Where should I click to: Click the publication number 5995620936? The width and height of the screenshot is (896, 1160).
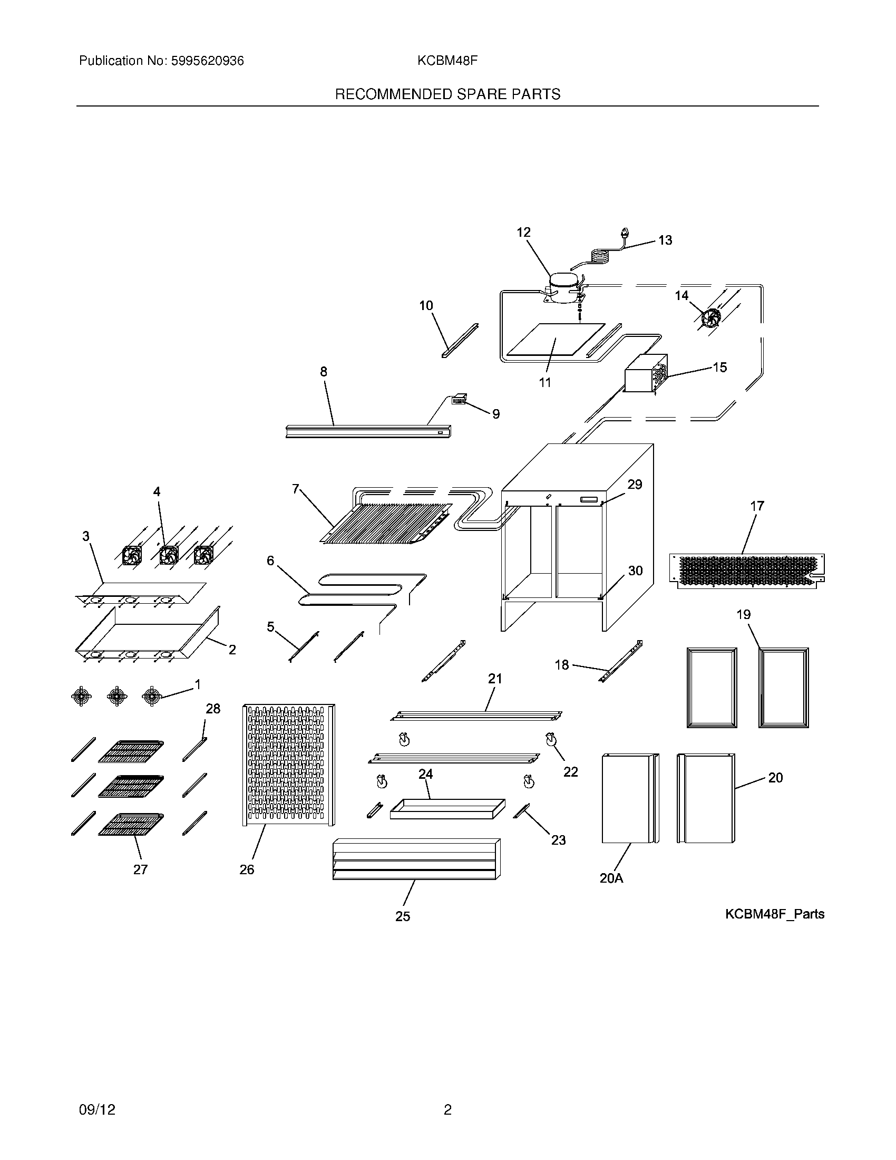click(207, 61)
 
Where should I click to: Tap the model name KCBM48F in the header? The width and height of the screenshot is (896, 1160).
click(447, 61)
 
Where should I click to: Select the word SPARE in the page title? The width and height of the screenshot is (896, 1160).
click(482, 94)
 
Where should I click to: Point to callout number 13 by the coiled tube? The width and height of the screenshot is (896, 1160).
click(665, 240)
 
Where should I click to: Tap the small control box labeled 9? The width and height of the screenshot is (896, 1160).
click(459, 400)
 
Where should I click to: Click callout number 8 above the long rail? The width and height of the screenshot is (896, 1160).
click(324, 372)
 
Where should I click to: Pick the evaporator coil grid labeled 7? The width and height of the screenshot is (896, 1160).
click(387, 523)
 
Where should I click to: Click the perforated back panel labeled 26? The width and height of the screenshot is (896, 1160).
click(288, 765)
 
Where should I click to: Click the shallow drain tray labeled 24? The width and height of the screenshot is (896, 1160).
click(447, 809)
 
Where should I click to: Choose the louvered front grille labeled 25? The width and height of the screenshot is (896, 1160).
click(416, 859)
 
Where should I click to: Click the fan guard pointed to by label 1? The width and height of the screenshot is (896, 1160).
click(152, 696)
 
